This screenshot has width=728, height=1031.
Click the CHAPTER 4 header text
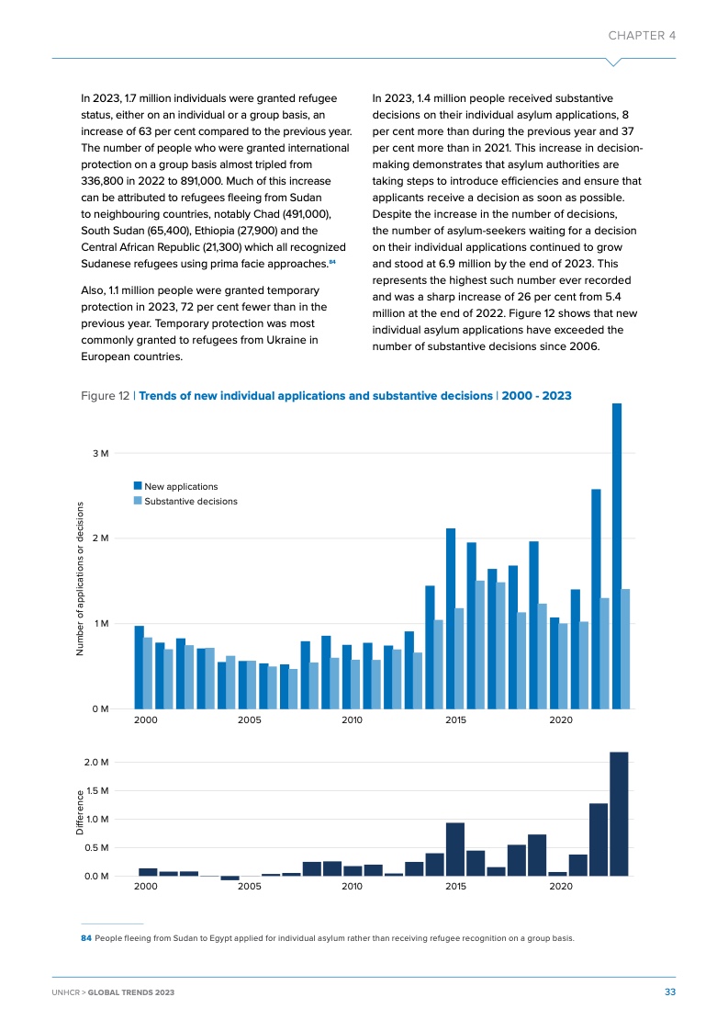coord(642,35)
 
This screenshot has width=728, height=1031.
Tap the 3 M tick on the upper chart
coord(100,453)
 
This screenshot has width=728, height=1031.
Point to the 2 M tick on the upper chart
coord(100,538)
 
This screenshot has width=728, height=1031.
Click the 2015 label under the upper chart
coord(456,721)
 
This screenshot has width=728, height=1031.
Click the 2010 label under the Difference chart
coord(352,888)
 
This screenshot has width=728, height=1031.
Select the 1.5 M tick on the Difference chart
coord(95,790)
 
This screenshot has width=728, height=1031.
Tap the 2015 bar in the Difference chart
coord(454,849)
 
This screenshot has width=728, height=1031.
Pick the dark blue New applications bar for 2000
coord(140,667)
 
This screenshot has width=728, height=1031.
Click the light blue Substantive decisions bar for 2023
coord(625,649)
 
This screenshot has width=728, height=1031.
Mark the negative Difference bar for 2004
coord(230,878)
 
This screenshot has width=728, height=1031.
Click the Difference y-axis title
coord(81,812)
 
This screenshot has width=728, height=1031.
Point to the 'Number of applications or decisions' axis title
coord(81,578)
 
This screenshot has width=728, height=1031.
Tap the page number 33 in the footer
coord(670,992)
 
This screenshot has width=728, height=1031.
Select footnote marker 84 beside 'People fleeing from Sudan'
coord(85,938)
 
